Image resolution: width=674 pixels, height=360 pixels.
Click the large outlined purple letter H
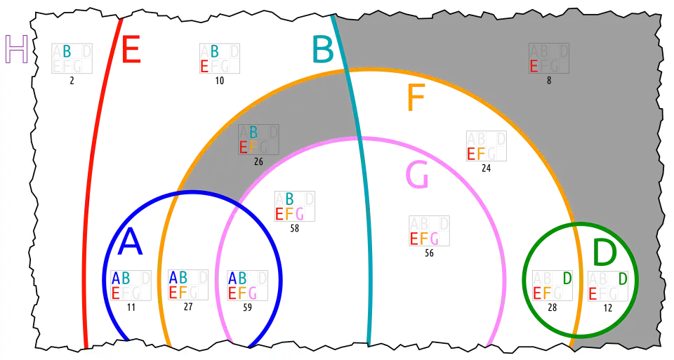point(15,49)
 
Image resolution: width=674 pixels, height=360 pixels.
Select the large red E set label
point(131,51)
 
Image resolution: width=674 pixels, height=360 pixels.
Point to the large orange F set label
point(416,98)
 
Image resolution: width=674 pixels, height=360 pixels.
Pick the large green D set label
point(604,254)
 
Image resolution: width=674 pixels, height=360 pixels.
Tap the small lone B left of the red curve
point(67,51)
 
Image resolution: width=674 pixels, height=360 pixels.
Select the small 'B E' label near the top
point(209,59)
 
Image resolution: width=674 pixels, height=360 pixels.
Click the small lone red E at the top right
point(534,67)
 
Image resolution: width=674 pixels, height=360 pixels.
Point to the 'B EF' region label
point(249,140)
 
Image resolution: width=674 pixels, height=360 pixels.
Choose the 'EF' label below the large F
point(476,154)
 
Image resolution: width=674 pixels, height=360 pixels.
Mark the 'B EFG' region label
point(289,207)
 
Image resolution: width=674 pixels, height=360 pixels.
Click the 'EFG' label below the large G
point(424,239)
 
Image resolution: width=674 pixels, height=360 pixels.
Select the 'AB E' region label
point(120,286)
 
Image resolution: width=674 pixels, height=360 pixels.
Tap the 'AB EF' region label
point(178,286)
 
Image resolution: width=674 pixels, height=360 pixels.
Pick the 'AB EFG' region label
point(242,286)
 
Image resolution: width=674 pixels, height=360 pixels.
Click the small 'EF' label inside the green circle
point(542,293)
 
